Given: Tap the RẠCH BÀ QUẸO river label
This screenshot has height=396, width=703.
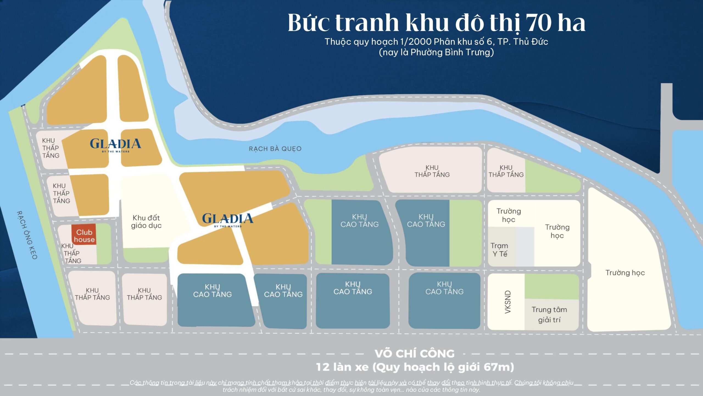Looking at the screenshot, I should tap(275, 149).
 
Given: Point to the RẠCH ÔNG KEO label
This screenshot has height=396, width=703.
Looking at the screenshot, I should tap(27, 235).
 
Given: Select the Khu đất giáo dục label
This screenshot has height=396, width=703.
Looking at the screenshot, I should tap(146, 222).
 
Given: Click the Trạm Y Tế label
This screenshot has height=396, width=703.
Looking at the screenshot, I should tap(500, 250).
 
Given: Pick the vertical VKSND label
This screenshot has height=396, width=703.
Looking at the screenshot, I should tap(508, 302).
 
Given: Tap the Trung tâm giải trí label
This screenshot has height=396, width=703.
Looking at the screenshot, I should tap(549, 315).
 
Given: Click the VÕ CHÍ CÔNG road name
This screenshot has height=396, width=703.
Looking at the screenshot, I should tap(415, 354).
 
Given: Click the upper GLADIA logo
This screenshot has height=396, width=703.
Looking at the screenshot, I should tap(115, 144).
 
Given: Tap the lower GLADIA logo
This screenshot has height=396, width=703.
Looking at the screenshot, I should tap(228, 219).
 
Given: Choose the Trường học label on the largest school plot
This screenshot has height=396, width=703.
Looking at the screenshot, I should tap(625, 273).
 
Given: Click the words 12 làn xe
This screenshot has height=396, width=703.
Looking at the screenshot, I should tap(342, 367).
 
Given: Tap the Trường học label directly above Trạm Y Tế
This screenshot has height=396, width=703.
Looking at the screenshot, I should tap(509, 215).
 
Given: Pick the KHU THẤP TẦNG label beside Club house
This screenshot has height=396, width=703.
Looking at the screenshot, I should tap(71, 253).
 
